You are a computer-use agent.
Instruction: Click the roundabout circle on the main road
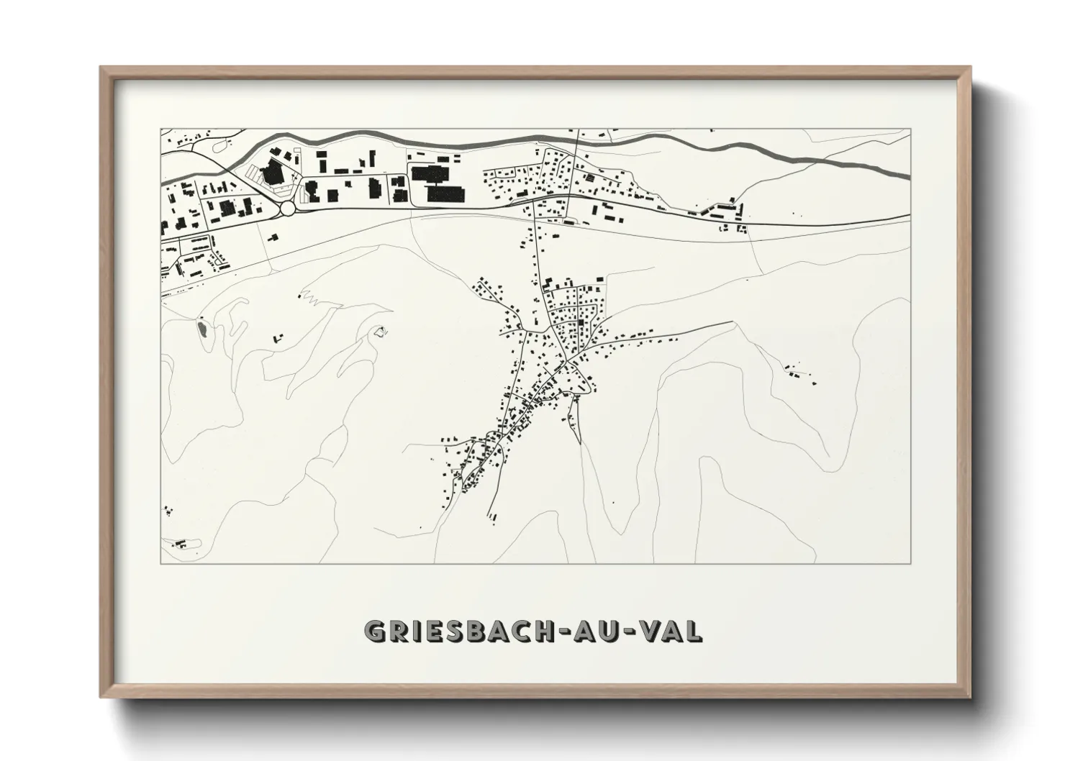coord(289,208)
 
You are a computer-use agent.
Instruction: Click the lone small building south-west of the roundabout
coord(273,237)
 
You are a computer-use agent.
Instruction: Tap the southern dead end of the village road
coord(489,516)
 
